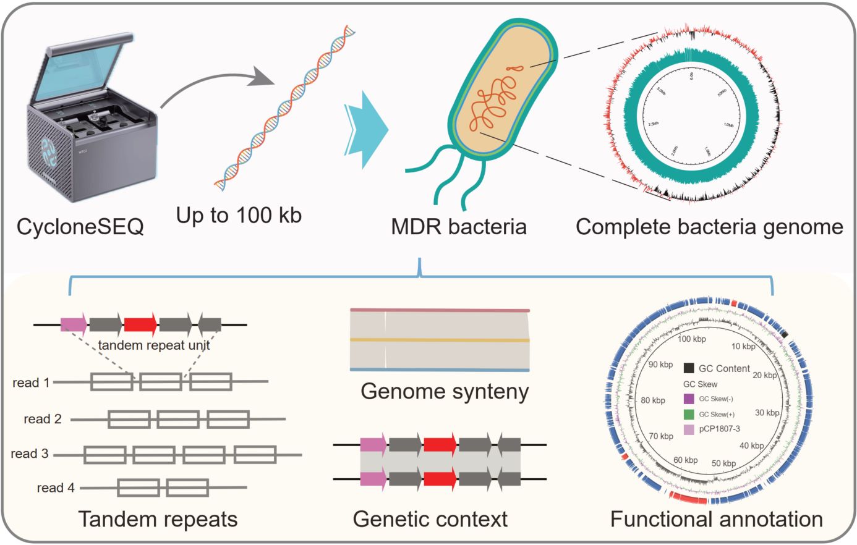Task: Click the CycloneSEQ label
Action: tap(80, 227)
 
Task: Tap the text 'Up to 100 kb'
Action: tap(239, 215)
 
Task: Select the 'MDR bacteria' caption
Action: tap(458, 227)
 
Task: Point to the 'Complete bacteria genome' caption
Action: tap(709, 227)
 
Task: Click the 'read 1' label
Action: tap(31, 383)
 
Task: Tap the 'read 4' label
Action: tap(56, 488)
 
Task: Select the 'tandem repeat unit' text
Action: tap(154, 345)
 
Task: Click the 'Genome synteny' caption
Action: tap(445, 391)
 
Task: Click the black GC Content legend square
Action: tap(689, 368)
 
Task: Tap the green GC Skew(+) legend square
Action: tap(689, 414)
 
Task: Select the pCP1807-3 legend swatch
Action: tap(689, 429)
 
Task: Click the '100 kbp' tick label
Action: tap(691, 339)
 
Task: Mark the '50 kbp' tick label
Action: tap(723, 463)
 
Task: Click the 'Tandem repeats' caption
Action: tap(158, 519)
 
